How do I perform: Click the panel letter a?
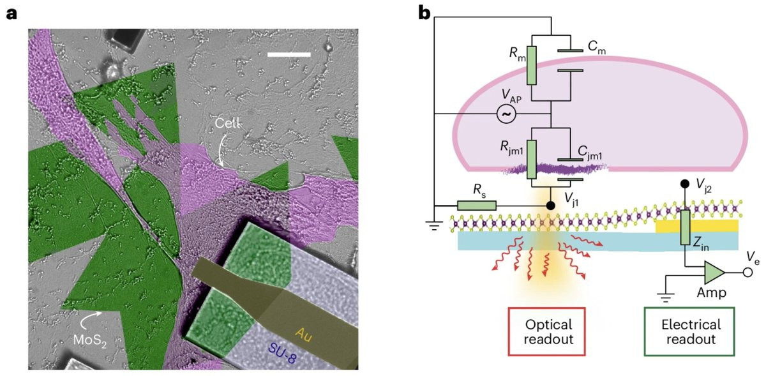point(11,13)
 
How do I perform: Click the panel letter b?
point(424,13)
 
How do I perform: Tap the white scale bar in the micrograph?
point(289,54)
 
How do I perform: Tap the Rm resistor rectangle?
point(532,66)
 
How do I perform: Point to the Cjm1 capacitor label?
point(592,151)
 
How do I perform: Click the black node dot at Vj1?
point(551,206)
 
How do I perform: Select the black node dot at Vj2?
point(686,184)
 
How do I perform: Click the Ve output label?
point(746,256)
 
